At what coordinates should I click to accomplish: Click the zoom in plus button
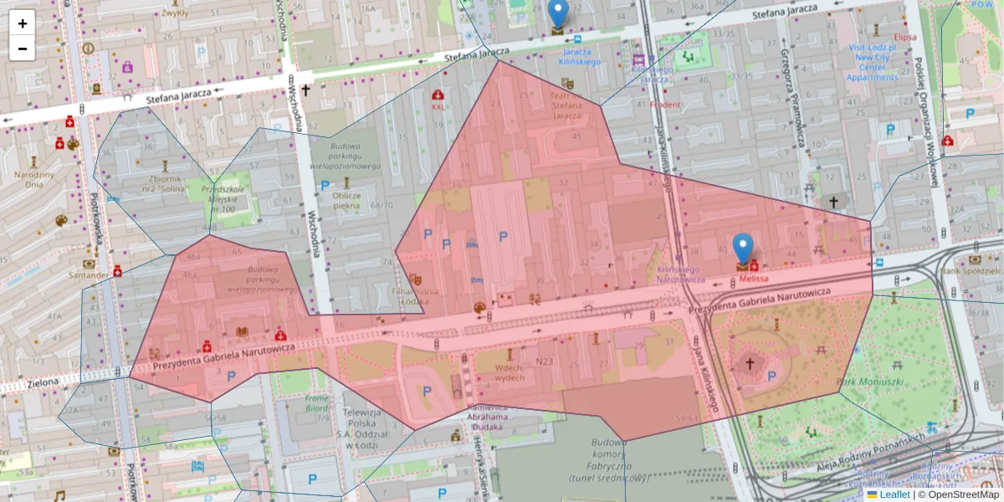click(x=23, y=23)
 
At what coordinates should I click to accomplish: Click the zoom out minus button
click(x=23, y=49)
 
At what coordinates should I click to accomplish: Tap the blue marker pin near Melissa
click(x=742, y=248)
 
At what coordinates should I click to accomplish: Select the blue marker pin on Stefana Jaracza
click(x=557, y=14)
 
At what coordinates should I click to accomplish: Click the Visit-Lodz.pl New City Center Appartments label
click(x=872, y=63)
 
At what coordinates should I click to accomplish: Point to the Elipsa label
click(x=904, y=38)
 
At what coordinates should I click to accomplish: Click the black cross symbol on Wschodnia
click(x=306, y=90)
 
